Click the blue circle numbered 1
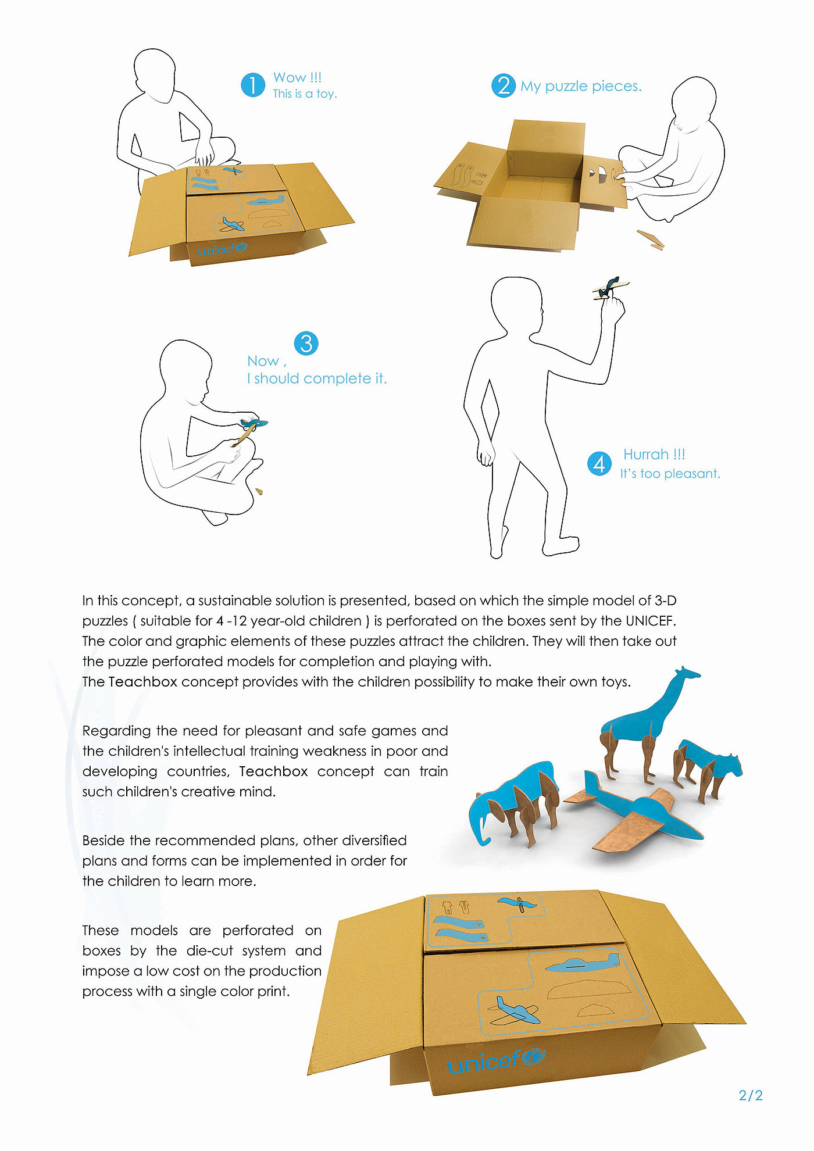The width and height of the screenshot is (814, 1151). click(253, 85)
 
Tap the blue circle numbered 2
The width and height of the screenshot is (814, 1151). click(504, 85)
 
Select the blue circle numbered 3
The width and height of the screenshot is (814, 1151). click(306, 343)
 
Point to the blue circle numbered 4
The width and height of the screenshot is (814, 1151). click(599, 463)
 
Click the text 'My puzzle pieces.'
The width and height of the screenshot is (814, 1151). click(581, 86)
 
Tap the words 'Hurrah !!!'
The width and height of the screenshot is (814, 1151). click(654, 454)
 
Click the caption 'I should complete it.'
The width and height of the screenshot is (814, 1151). click(317, 378)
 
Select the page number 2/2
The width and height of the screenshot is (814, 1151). click(751, 1095)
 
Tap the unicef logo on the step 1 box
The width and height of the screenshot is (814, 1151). click(222, 249)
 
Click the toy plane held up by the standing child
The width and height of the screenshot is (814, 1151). click(611, 287)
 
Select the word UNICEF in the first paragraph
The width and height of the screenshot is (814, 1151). click(651, 621)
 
